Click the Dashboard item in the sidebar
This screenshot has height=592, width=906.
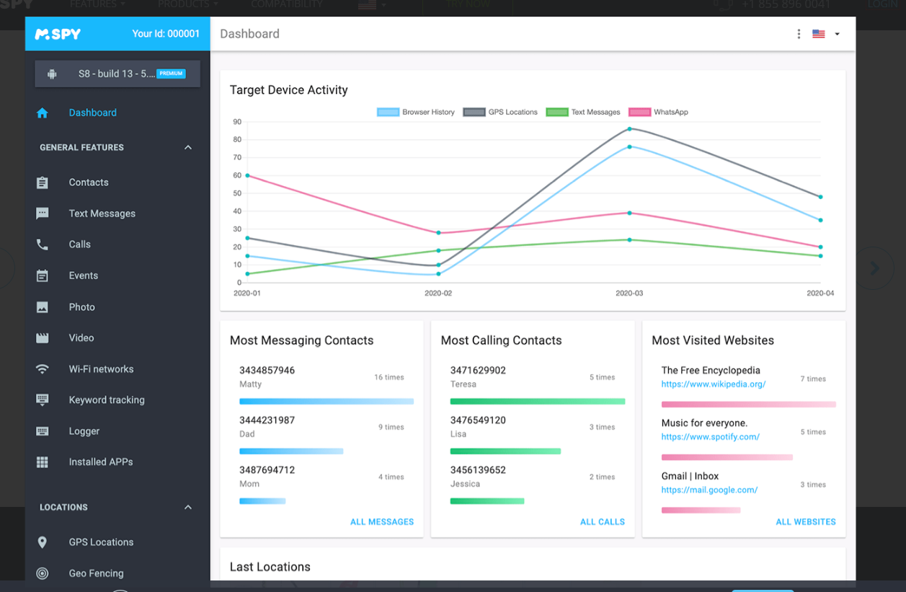pos(92,112)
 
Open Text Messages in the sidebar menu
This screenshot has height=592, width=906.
pos(102,213)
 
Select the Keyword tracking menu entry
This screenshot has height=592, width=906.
pos(106,400)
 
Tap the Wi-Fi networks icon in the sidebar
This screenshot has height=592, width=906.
pos(43,369)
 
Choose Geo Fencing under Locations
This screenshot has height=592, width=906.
pos(96,573)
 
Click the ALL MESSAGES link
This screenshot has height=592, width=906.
pos(381,522)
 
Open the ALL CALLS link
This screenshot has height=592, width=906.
pos(602,522)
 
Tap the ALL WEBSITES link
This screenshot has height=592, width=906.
pos(805,522)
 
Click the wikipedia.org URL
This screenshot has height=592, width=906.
pos(713,384)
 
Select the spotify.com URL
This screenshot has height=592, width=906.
pos(710,437)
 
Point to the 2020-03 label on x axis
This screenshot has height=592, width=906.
pos(629,293)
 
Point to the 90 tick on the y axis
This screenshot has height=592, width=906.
pos(237,122)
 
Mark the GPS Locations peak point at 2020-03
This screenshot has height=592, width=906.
pos(629,129)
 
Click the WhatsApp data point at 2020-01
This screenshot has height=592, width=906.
pos(247,175)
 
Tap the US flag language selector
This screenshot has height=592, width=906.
pos(818,34)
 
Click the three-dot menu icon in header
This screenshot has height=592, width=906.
pos(799,34)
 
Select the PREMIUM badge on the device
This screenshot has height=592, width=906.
pos(171,74)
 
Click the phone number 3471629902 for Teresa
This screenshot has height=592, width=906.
pos(478,371)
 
